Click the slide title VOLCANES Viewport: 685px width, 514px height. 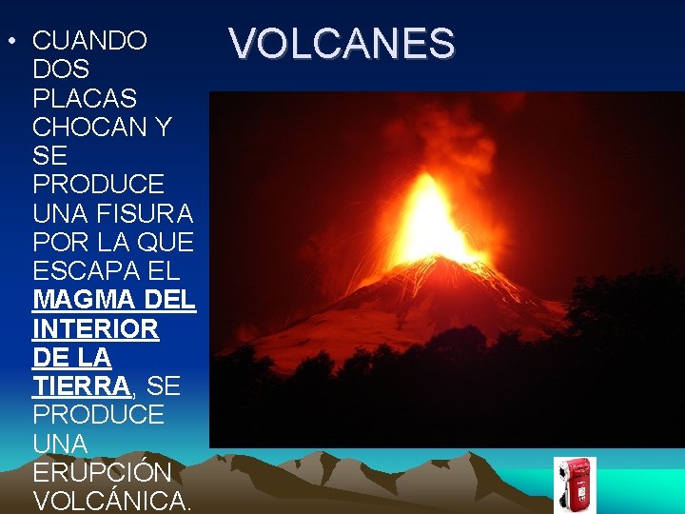tap(342, 44)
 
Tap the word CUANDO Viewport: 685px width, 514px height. tap(89, 41)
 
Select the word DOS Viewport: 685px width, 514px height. tap(61, 69)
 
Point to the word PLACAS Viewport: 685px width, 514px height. tap(85, 98)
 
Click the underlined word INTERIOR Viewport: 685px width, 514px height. tap(96, 329)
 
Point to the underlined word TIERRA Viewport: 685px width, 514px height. tap(81, 386)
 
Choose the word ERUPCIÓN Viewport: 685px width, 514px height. tap(102, 472)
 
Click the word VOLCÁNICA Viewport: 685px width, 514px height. tap(112, 501)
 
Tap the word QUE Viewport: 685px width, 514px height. tap(170, 241)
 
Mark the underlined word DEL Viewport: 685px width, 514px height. tap(172, 300)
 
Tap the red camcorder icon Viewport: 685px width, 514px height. tap(575, 484)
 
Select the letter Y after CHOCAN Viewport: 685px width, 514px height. tap(162, 127)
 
